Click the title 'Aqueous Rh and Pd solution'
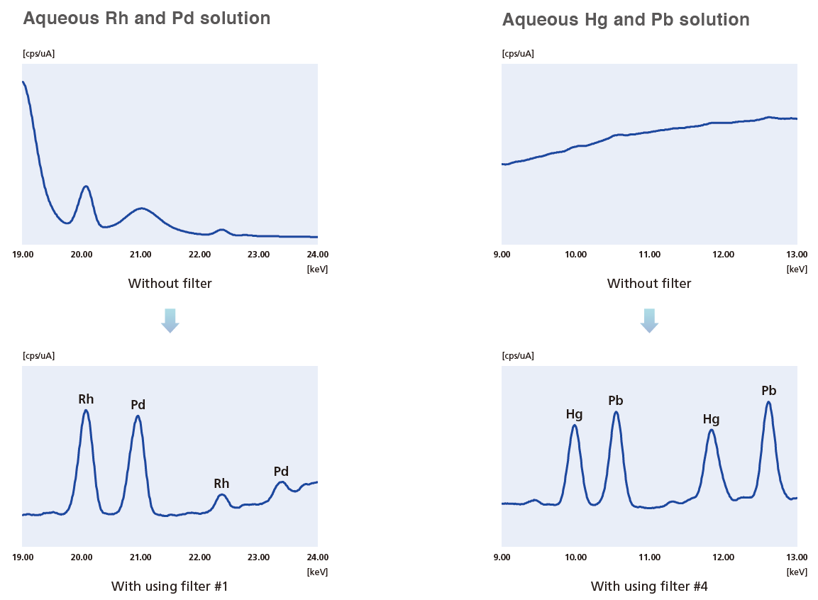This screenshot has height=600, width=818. [x=146, y=18]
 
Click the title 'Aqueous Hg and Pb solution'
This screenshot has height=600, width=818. [x=625, y=20]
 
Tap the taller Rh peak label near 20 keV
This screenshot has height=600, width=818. [x=86, y=399]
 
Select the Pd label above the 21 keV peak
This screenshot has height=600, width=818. [x=138, y=405]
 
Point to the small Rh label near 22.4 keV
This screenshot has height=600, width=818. [x=221, y=484]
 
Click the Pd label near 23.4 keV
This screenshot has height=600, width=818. [x=281, y=472]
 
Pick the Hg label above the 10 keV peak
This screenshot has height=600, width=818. [x=574, y=413]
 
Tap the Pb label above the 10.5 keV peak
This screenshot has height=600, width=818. [x=616, y=401]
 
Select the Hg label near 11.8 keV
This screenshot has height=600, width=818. [x=711, y=419]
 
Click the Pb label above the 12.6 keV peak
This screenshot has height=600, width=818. [x=768, y=391]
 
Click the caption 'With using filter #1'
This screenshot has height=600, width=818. [x=170, y=587]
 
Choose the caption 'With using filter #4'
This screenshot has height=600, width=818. [x=649, y=587]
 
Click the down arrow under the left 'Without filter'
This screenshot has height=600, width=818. [x=170, y=321]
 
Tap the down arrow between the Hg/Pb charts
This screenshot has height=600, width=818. [x=649, y=321]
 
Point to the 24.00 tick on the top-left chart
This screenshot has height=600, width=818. [x=317, y=254]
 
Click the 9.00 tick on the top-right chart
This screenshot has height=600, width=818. [x=502, y=254]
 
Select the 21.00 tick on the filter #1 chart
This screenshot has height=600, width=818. [x=140, y=557]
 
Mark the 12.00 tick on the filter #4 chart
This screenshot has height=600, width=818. [x=723, y=557]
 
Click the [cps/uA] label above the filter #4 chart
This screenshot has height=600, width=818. [x=517, y=356]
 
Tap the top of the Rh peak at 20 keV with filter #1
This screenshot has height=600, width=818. [x=86, y=410]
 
